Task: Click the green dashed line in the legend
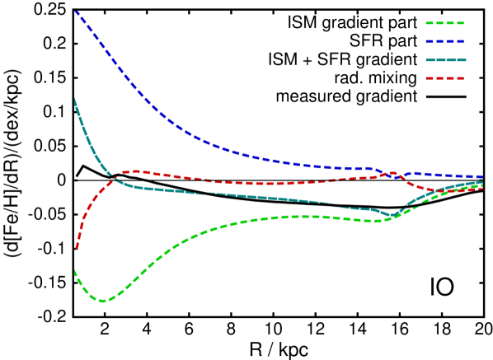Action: (445, 23)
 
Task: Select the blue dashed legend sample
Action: (445, 41)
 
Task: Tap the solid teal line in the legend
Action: (446, 59)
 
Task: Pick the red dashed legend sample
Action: (445, 78)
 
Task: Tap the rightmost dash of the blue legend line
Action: (460, 41)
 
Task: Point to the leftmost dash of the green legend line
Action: (430, 23)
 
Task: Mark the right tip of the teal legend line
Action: (466, 59)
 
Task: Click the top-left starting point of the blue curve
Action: (76, 12)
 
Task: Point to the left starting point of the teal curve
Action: (75, 100)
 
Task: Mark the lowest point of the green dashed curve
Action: (102, 301)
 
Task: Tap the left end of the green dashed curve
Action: (75, 271)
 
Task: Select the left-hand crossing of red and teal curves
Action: (113, 176)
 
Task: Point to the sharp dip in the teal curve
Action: (391, 216)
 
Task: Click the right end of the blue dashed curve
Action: (481, 177)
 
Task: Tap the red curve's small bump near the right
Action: (392, 173)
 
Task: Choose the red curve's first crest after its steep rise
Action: (136, 171)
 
